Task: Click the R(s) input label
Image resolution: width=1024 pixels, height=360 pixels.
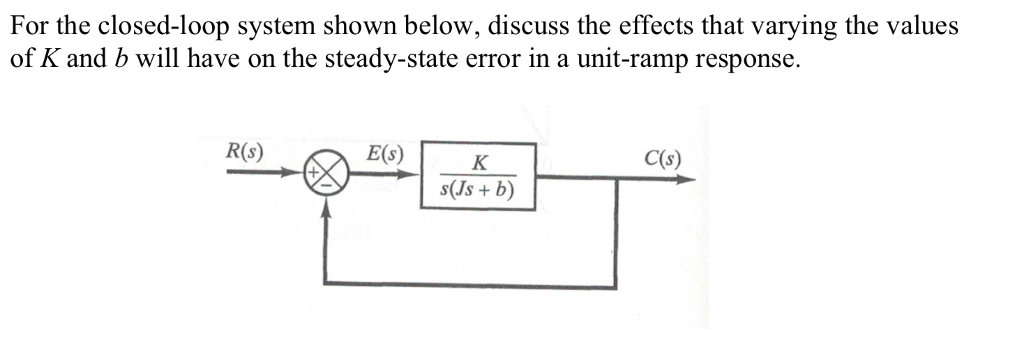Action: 244,154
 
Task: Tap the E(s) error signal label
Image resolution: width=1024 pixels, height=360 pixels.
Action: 385,155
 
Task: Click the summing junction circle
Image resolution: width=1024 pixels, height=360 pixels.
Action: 328,178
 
